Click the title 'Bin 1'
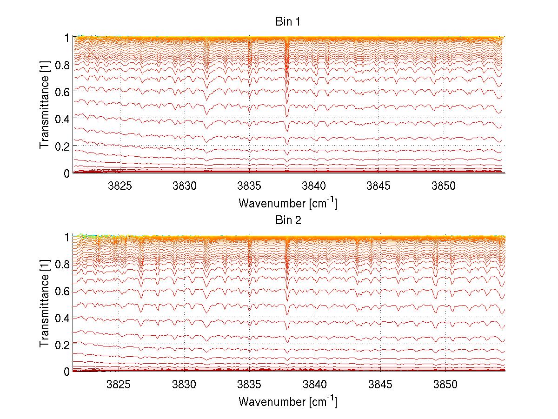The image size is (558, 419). pos(288,22)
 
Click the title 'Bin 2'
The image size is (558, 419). pos(288,220)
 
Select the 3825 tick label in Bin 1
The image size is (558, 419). pos(120,186)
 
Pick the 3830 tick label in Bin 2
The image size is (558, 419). pos(185,384)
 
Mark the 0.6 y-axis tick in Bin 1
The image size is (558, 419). pos(62,92)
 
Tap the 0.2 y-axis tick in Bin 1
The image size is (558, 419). pos(62,146)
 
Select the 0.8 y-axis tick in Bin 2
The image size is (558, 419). pos(62,264)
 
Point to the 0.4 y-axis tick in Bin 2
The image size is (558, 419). pos(62,318)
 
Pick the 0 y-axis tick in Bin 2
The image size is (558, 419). pos(67,372)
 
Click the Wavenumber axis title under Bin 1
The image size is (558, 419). pos(287,203)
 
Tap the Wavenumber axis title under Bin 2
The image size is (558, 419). pos(287,401)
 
